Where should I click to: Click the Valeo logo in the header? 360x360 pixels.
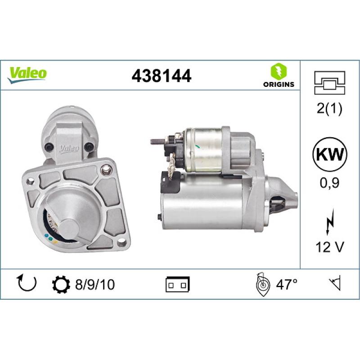[x=27, y=73]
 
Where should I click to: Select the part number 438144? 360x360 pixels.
[x=161, y=76]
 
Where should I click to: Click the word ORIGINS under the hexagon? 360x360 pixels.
[x=279, y=84]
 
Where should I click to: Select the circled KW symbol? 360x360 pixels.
[x=330, y=154]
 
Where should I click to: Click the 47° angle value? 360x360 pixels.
[x=287, y=285]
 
